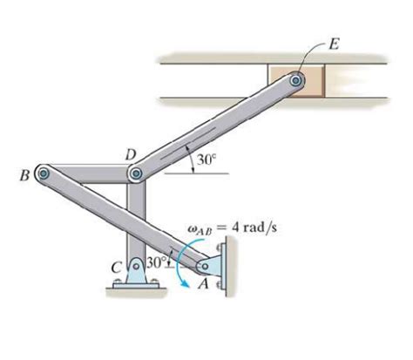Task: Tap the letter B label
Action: [x=25, y=176]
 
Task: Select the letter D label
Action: [x=131, y=155]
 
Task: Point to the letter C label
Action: [x=116, y=268]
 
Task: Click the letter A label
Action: [x=203, y=284]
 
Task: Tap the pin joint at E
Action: [x=296, y=80]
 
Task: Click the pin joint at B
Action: [x=44, y=173]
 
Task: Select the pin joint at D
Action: [x=136, y=173]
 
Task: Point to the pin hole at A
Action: [x=205, y=266]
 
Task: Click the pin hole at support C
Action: [x=136, y=266]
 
